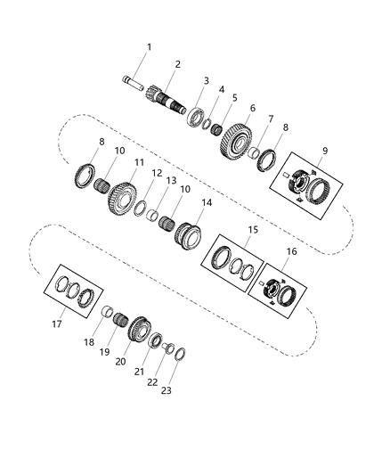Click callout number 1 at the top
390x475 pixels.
(149, 46)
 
